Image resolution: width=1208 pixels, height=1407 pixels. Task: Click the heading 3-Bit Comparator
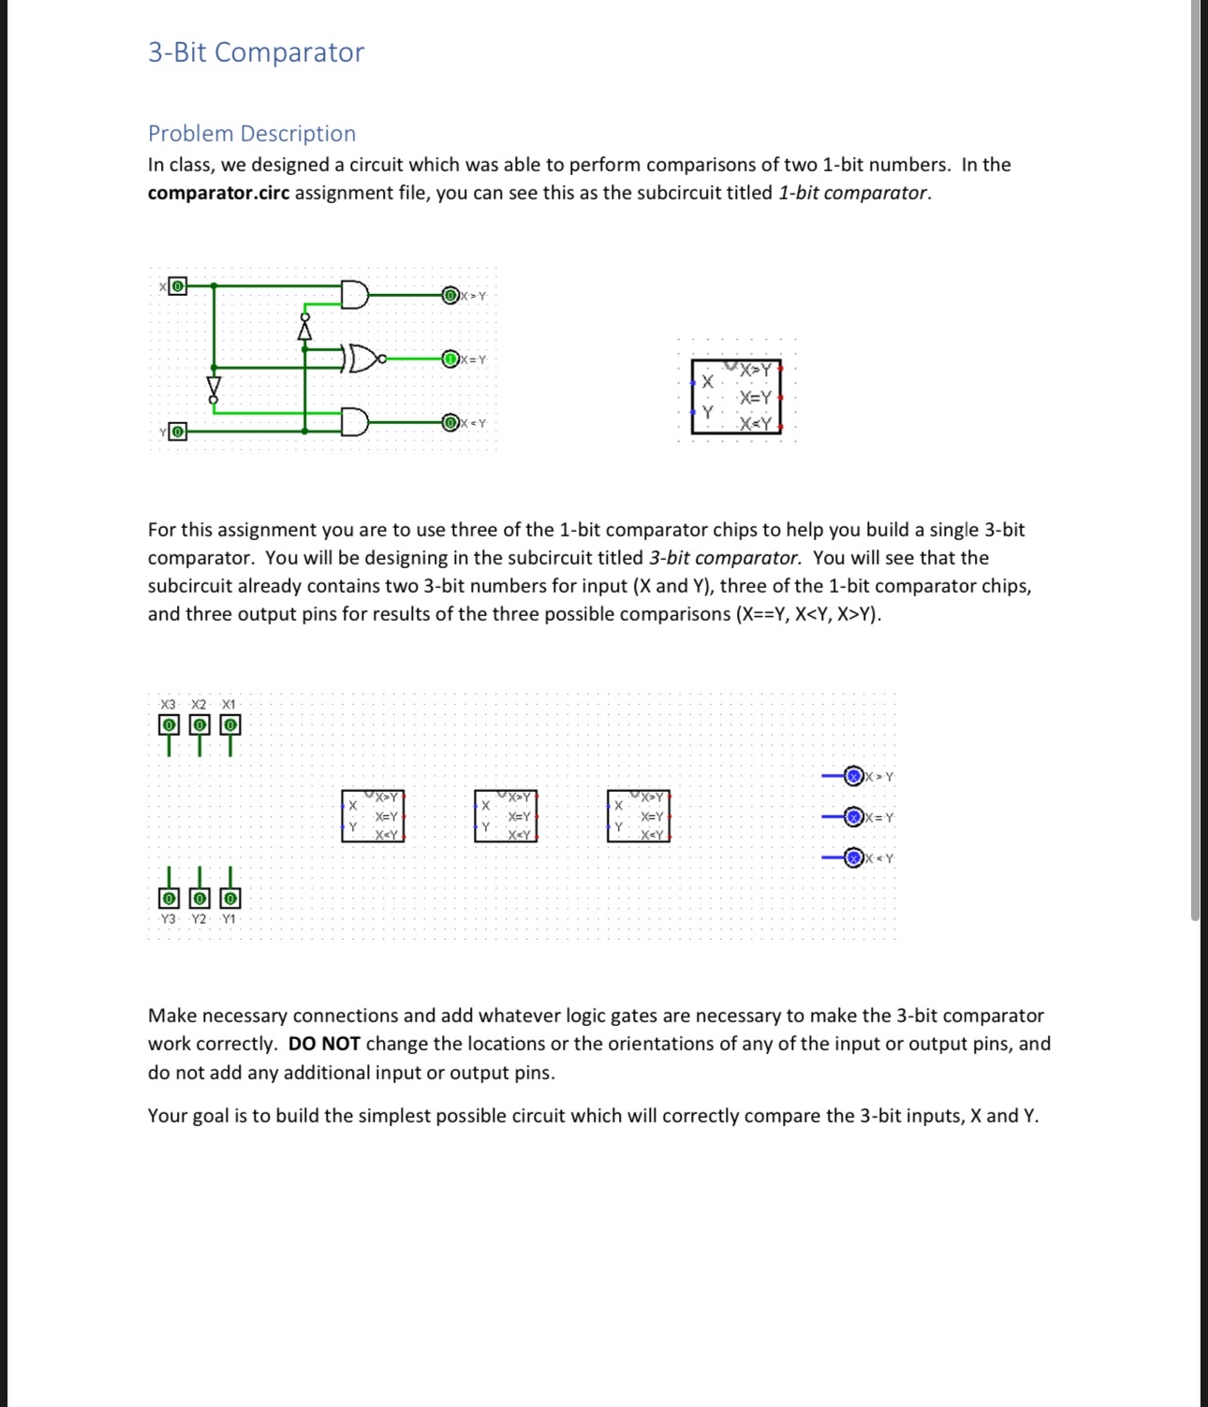point(256,52)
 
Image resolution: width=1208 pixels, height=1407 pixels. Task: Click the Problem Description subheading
point(252,133)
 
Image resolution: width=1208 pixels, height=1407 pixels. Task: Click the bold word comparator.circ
point(218,193)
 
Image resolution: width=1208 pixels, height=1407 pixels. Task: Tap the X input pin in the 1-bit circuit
point(177,286)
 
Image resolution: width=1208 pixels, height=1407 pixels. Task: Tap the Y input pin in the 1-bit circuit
point(177,432)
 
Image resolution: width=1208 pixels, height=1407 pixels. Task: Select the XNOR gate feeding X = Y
point(363,358)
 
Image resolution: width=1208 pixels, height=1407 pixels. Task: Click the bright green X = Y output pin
point(450,359)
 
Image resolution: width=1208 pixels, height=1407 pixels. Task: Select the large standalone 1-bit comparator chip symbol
point(736,397)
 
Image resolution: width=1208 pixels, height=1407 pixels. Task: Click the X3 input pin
point(169,725)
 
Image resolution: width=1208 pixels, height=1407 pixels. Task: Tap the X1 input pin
point(229,725)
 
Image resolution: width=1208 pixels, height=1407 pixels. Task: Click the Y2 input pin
point(199,898)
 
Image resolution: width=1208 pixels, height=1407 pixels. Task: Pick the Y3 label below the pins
point(169,919)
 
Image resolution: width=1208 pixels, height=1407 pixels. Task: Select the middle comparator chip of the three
point(506,815)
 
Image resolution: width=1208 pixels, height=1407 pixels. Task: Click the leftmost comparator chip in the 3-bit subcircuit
point(373,815)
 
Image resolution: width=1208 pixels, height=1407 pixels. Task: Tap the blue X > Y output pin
point(853,776)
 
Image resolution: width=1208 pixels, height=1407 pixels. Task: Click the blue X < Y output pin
point(853,857)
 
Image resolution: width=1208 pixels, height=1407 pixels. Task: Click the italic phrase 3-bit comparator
point(724,558)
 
